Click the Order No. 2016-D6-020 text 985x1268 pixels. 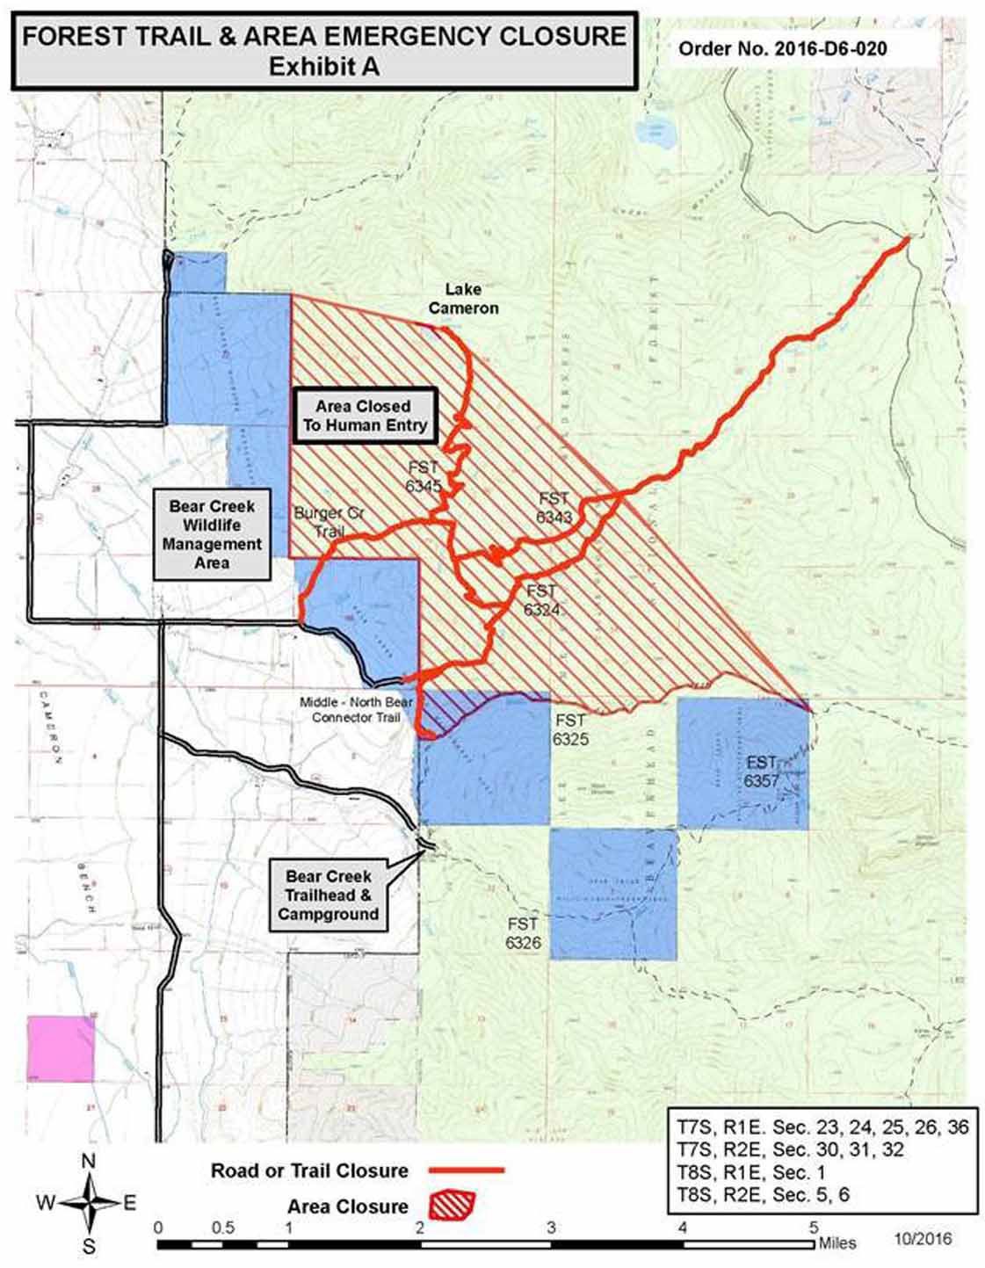(x=782, y=49)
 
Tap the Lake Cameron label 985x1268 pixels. (x=463, y=299)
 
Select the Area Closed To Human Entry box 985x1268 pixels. (x=364, y=416)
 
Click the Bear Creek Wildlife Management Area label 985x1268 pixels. (x=212, y=534)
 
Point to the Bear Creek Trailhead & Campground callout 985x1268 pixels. (x=328, y=895)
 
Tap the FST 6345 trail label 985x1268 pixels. (x=423, y=476)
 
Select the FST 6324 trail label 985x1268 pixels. (x=541, y=600)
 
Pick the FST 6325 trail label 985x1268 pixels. (x=570, y=729)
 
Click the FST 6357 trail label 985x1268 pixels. (x=761, y=771)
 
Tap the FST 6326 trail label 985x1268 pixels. (x=522, y=933)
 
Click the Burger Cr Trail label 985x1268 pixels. (x=329, y=522)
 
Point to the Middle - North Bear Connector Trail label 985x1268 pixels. (x=356, y=710)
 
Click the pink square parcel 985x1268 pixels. (x=61, y=1049)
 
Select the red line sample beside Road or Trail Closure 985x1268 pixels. (x=466, y=1170)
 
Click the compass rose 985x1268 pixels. (x=89, y=1204)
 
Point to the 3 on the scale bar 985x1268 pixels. (x=551, y=1228)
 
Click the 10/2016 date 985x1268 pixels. (x=923, y=1239)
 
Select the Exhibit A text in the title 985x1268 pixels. (x=324, y=67)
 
